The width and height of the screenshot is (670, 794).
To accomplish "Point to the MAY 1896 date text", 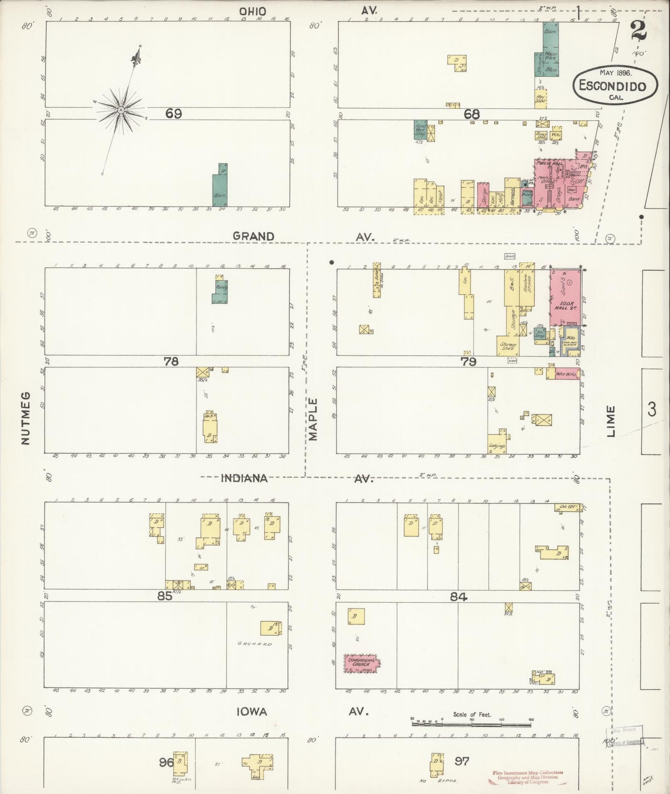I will coord(616,72).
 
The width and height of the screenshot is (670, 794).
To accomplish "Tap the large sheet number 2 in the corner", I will coord(638,32).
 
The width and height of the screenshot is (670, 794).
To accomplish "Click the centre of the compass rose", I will coord(121,110).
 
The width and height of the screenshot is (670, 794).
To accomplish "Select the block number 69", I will coord(173,113).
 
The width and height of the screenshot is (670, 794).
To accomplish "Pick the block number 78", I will coord(171,361).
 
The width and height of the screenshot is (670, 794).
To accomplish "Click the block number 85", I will coord(165,596).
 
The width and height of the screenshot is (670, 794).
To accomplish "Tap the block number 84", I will coord(459,597).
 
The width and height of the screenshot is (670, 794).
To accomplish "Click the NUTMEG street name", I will coord(26,418).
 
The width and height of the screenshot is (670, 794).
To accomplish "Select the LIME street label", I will coord(611,421).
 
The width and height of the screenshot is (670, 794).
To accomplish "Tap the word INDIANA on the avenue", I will coord(244,478).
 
